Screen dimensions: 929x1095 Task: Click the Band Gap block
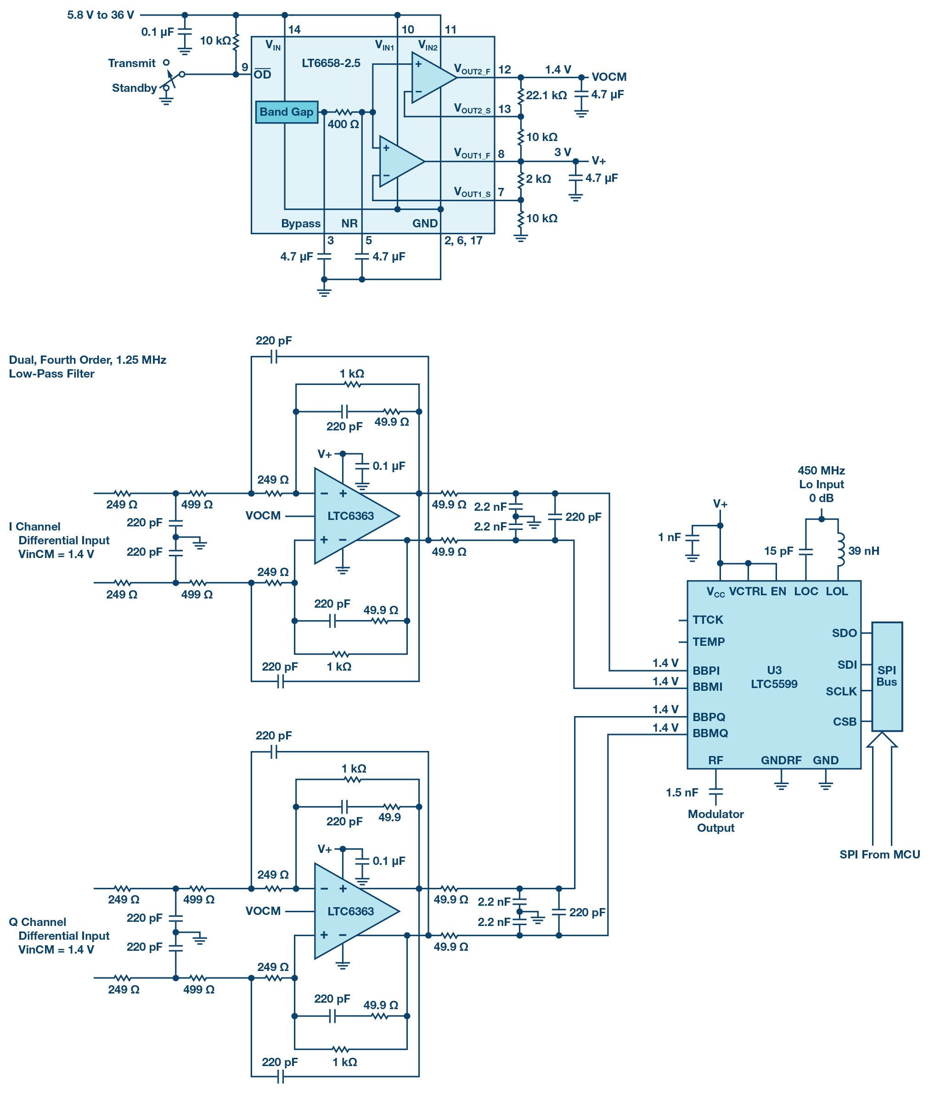pyautogui.click(x=287, y=112)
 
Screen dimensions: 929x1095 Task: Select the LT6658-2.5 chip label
pyautogui.click(x=331, y=63)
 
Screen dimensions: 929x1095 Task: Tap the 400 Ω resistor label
pyautogui.click(x=343, y=124)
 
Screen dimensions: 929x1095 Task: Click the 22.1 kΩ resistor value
pyautogui.click(x=546, y=96)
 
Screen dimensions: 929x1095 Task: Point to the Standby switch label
pyautogui.click(x=134, y=88)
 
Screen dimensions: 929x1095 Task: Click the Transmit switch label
pyautogui.click(x=132, y=63)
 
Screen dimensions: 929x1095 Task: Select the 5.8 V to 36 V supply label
pyautogui.click(x=101, y=15)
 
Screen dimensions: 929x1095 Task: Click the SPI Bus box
pyautogui.click(x=887, y=676)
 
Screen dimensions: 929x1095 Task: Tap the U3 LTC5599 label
pyautogui.click(x=774, y=677)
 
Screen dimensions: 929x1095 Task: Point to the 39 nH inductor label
pyautogui.click(x=864, y=551)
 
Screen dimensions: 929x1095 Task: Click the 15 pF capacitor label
pyautogui.click(x=778, y=551)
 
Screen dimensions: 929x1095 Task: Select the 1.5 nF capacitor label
pyautogui.click(x=682, y=792)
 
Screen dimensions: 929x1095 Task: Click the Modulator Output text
pyautogui.click(x=716, y=821)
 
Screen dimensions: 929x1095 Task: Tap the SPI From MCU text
pyautogui.click(x=879, y=854)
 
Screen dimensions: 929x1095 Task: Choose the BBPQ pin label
pyautogui.click(x=709, y=717)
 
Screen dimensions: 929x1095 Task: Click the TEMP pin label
pyautogui.click(x=708, y=642)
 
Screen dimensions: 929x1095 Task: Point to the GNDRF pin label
pyautogui.click(x=781, y=760)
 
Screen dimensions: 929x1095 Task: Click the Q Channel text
pyautogui.click(x=37, y=922)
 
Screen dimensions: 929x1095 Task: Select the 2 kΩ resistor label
pyautogui.click(x=538, y=179)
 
